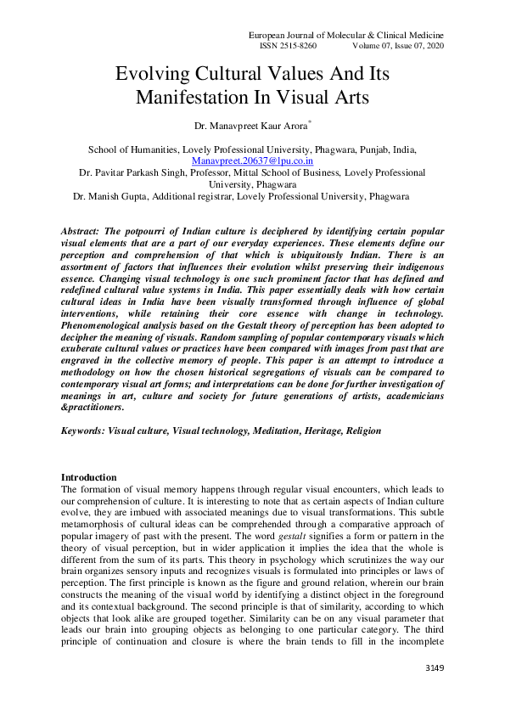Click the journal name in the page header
click(345, 34)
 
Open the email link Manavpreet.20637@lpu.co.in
click(252, 160)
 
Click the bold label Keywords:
click(84, 431)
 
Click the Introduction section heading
click(89, 478)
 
